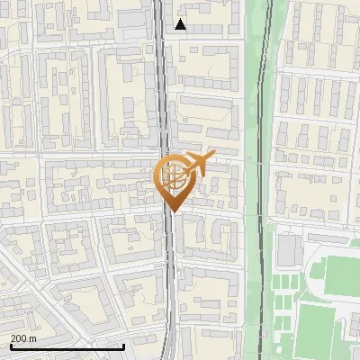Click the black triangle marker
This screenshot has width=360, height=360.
[x=181, y=24]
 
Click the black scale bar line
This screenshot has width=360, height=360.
[x=67, y=346]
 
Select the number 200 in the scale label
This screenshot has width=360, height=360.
[x=19, y=337]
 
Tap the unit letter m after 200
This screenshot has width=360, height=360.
[x=32, y=337]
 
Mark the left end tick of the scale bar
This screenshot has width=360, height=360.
[x=10, y=346]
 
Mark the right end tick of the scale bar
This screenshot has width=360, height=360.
[x=123, y=346]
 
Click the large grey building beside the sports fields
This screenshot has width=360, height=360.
[x=289, y=250]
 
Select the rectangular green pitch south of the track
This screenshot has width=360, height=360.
[x=323, y=329]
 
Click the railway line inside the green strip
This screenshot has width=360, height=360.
[x=259, y=135]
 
